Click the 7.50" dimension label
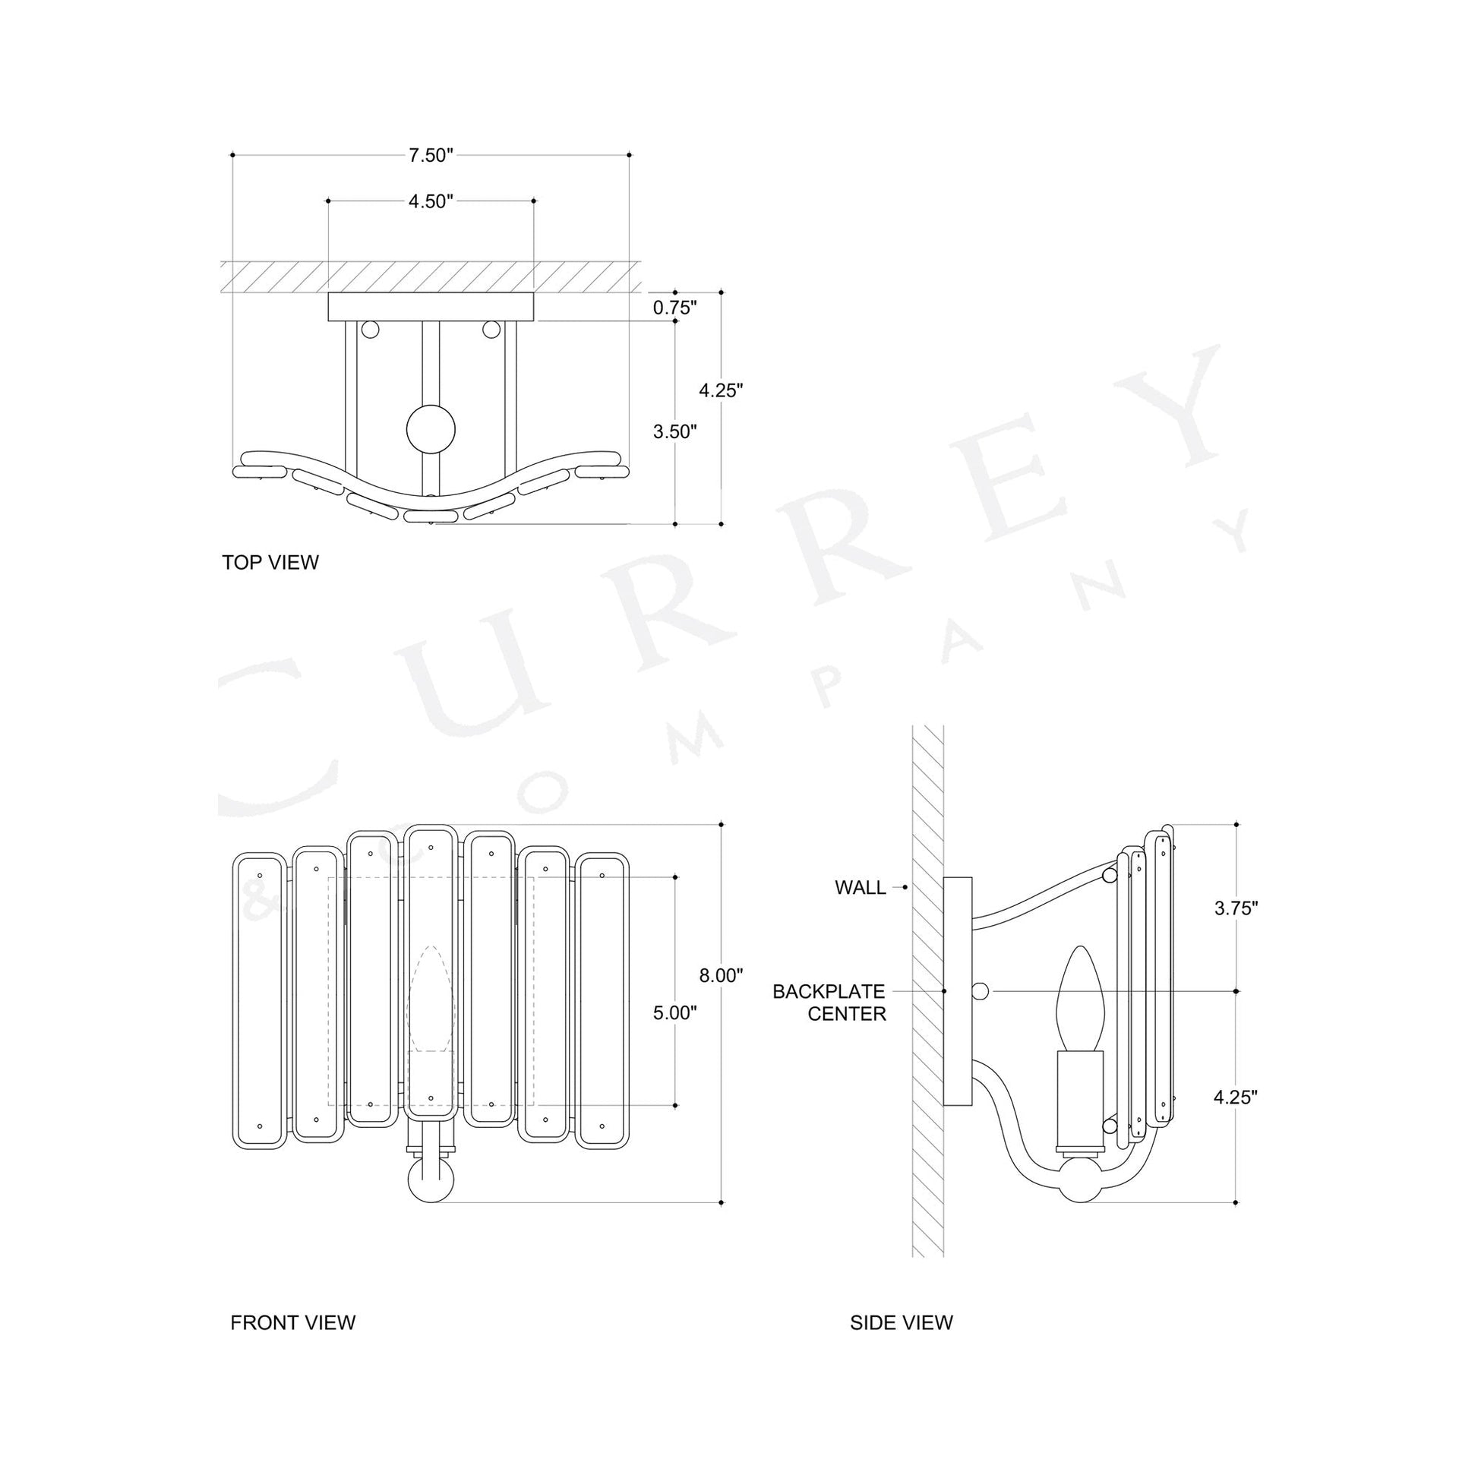[x=431, y=155]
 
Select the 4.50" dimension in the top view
[x=431, y=201]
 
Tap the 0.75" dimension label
[x=674, y=308]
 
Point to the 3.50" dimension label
[x=674, y=431]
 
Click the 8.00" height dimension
[x=721, y=975]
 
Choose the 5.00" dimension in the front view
[x=674, y=1014]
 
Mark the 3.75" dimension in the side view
[x=1236, y=908]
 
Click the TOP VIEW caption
[x=270, y=562]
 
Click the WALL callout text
[x=860, y=887]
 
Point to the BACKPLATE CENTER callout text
[x=829, y=1003]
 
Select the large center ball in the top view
[x=431, y=429]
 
